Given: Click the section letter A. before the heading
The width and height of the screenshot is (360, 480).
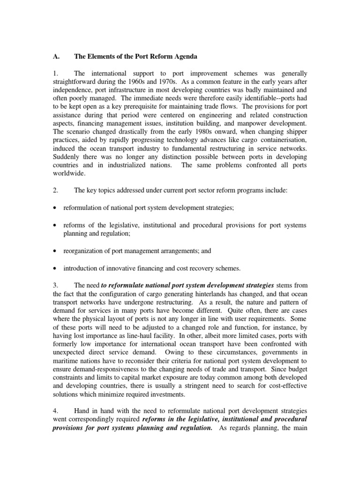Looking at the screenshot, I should click(55, 57).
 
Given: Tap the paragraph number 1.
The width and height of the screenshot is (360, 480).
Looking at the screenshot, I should click(55, 74).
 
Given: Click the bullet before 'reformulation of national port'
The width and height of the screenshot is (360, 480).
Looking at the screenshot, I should click(56, 209).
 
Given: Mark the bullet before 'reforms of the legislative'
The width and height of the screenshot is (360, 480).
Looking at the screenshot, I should click(56, 225).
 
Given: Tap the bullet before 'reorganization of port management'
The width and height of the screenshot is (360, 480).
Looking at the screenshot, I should click(56, 251).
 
